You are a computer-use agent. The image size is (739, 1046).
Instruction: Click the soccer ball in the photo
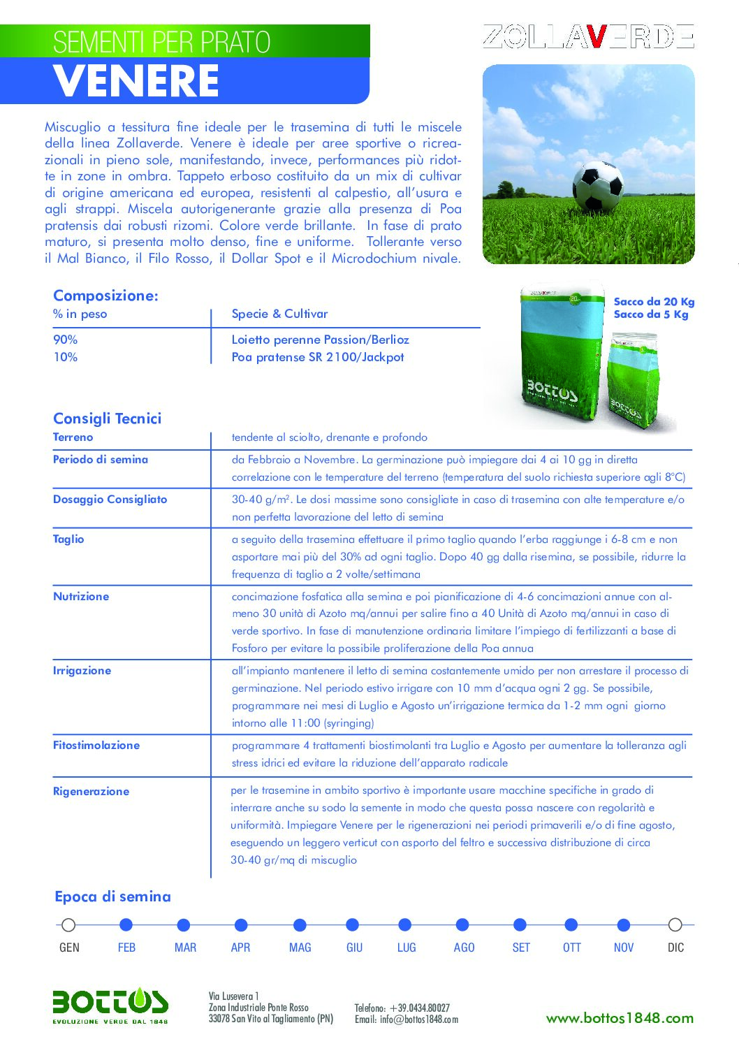coord(598,187)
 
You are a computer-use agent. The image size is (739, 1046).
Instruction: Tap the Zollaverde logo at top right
coord(587,36)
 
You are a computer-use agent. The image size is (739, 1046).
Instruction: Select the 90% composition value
coord(66,340)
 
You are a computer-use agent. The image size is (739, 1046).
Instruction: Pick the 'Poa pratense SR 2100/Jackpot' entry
coord(318,357)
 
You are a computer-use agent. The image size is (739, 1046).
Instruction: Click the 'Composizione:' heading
coord(105,296)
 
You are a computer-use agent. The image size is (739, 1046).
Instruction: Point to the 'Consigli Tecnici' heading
coord(107,419)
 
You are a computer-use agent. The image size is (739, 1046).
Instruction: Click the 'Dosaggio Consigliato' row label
coord(110,500)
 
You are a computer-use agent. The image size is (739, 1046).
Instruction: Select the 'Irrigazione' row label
coord(82,671)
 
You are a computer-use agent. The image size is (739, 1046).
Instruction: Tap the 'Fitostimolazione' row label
coord(96,746)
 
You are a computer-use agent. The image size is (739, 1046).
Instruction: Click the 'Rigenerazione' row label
coord(91,792)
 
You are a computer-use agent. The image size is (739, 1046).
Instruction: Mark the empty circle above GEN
coord(68,925)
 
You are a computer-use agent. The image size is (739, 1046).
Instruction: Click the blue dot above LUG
coord(405,925)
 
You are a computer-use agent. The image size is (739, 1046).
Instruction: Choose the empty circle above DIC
coord(675,925)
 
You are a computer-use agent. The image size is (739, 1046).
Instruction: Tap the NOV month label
coord(624,947)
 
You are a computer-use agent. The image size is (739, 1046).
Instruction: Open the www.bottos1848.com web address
coord(620,1018)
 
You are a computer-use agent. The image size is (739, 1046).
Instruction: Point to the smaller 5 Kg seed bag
coord(634,381)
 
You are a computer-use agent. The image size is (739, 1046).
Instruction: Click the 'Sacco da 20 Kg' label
coord(654,302)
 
